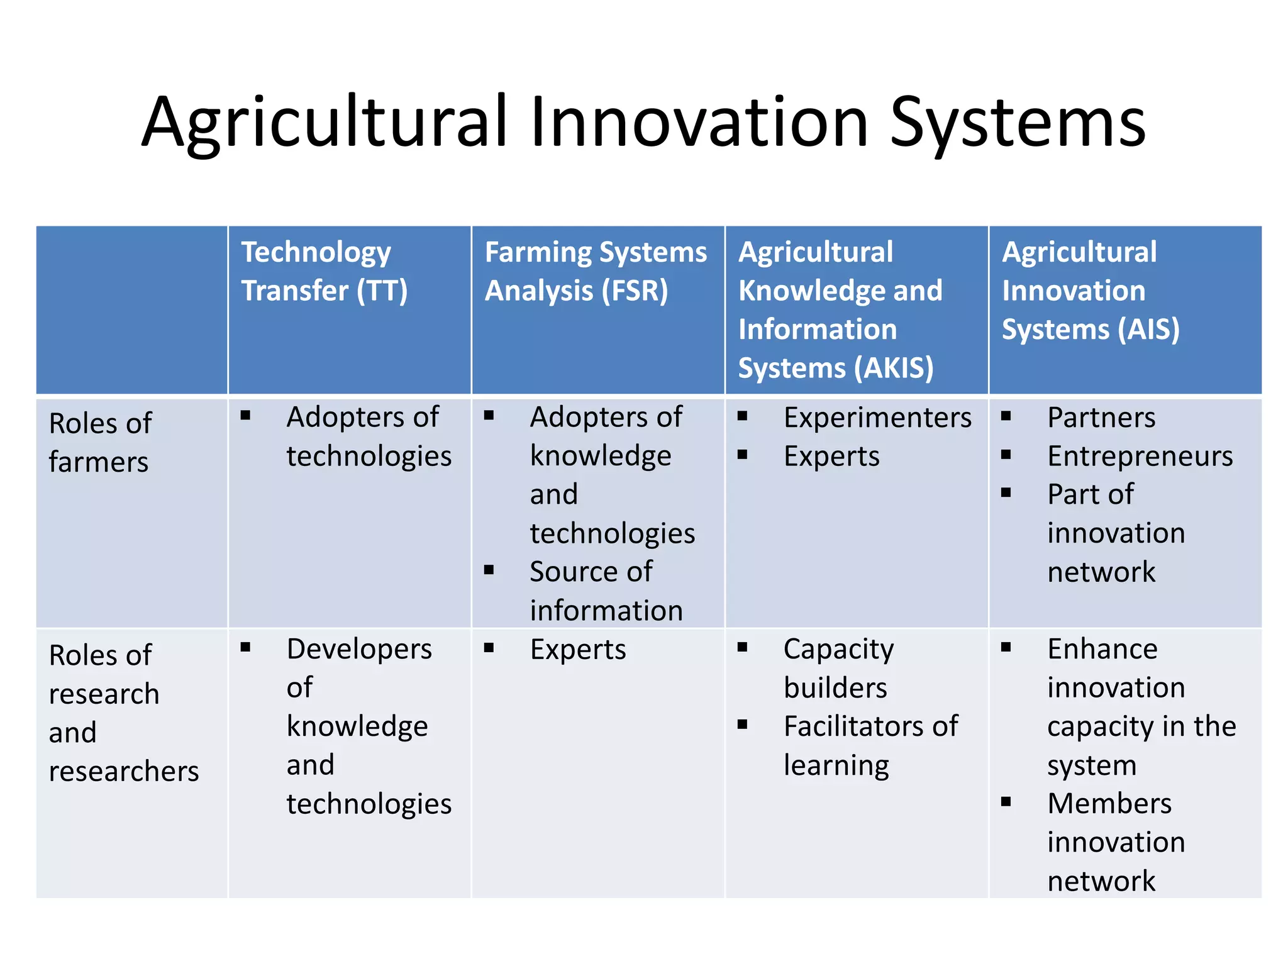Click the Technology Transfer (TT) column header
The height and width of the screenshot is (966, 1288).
(325, 271)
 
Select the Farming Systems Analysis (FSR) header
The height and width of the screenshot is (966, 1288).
(595, 271)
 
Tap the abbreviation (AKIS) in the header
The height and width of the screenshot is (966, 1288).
(897, 368)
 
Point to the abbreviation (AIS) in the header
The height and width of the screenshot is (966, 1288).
(1148, 330)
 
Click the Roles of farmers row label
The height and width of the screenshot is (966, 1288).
(99, 442)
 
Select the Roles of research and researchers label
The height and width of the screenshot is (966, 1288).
(123, 713)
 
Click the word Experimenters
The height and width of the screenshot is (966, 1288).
(877, 418)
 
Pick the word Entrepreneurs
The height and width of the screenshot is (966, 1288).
(1140, 457)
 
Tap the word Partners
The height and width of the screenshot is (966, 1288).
(1101, 418)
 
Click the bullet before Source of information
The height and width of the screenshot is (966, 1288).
(489, 570)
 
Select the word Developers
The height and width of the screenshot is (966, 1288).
(359, 649)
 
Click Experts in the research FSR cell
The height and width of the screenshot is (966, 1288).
(577, 650)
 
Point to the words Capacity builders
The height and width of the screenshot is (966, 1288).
(838, 668)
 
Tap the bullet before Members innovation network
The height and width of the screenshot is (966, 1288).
(1006, 802)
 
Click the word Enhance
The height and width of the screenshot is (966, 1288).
(1102, 649)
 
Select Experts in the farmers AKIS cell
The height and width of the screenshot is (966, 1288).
(831, 457)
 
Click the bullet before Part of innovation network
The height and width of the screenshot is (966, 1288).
(1006, 493)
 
